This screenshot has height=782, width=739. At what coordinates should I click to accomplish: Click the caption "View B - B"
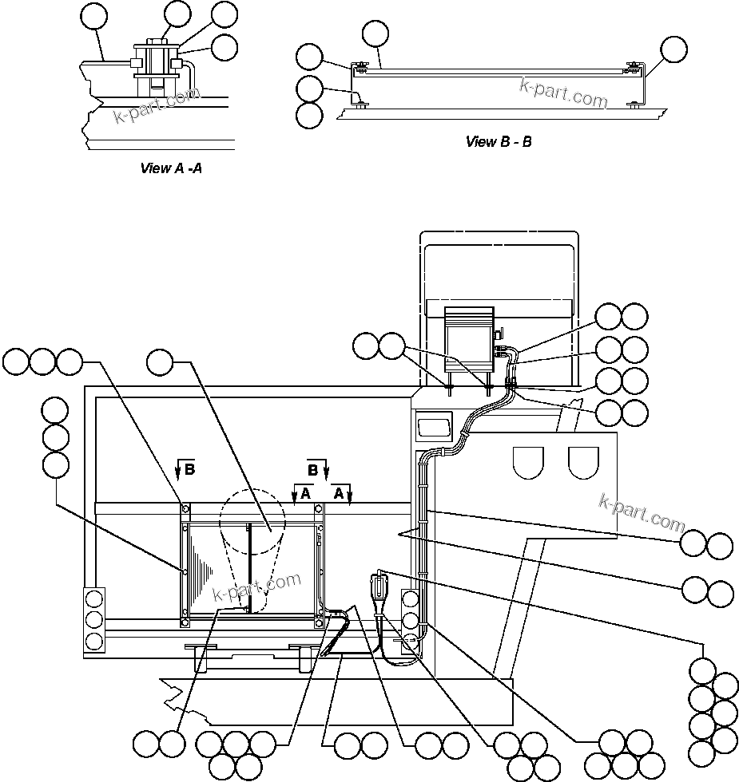tap(499, 142)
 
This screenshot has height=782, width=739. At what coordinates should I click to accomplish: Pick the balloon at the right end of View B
tap(673, 49)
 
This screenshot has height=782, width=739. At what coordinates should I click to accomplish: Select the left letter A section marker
tap(304, 494)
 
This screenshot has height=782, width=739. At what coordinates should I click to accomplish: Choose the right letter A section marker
tap(339, 494)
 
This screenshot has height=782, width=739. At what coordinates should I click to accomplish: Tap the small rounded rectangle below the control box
tap(434, 425)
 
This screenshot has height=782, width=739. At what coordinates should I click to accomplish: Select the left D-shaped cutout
tap(527, 460)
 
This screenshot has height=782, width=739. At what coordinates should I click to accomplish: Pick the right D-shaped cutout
tap(583, 460)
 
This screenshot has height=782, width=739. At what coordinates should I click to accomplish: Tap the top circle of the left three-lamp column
tap(95, 599)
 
